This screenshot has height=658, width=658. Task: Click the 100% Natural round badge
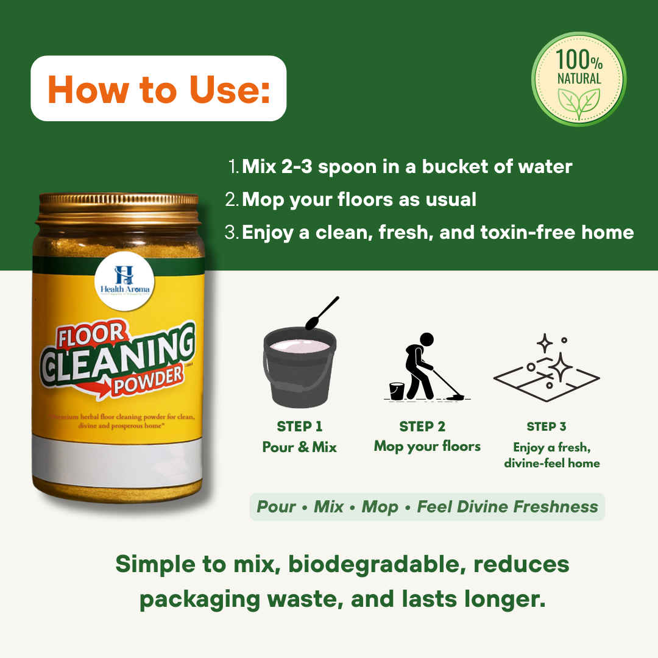[578, 79]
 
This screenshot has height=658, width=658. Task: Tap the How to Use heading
[158, 89]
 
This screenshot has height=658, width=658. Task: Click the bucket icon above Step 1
[299, 369]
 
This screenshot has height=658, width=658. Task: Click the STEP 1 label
[299, 426]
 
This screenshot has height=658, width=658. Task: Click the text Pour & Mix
[299, 447]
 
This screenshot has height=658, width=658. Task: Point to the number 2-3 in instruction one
[297, 166]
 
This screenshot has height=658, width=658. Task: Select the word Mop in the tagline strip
[380, 507]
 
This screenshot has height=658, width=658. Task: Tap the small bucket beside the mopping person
[396, 391]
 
